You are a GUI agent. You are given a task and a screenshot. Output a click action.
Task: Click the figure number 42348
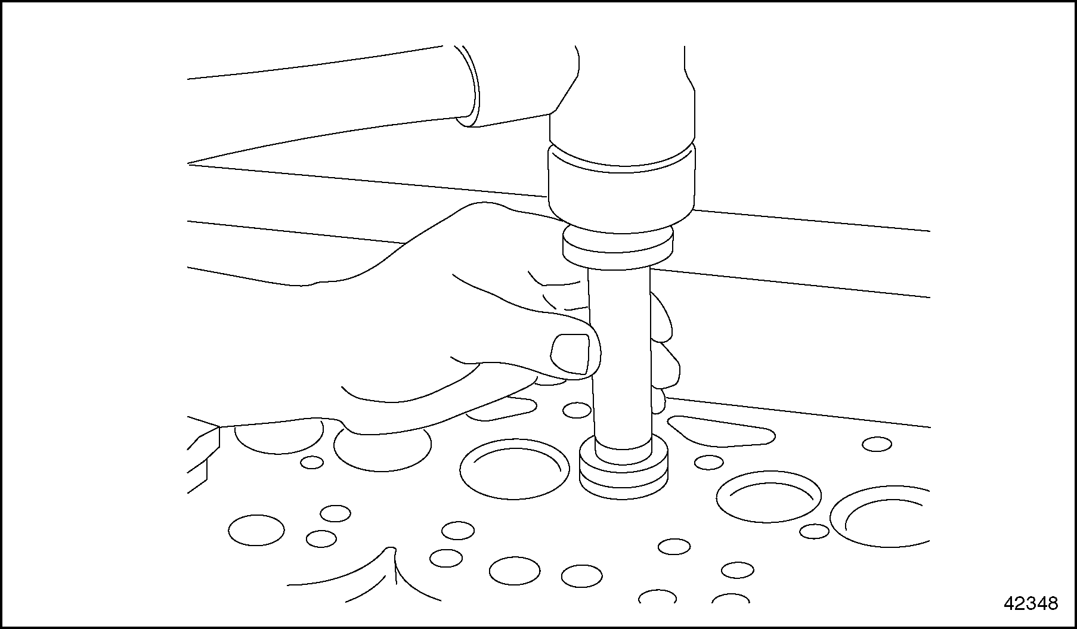pos(1030,603)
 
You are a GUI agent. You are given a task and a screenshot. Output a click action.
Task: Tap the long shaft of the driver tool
pos(620,358)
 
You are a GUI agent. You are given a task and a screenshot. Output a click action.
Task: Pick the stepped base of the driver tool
pos(623,467)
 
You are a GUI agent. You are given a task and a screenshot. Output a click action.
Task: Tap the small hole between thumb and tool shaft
pos(577,410)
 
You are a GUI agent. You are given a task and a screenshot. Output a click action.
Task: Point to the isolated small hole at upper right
pos(877,444)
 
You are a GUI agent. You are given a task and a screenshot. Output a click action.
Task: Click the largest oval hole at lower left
pos(256,529)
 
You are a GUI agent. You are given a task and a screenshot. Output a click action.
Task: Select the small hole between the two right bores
pos(814,531)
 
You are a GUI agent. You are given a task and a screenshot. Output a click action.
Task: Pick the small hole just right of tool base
pos(709,462)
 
